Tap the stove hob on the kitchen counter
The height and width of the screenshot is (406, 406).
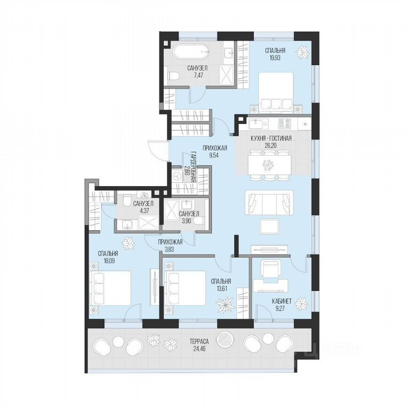click(x=284, y=124)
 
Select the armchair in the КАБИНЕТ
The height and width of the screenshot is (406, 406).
click(x=270, y=270)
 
